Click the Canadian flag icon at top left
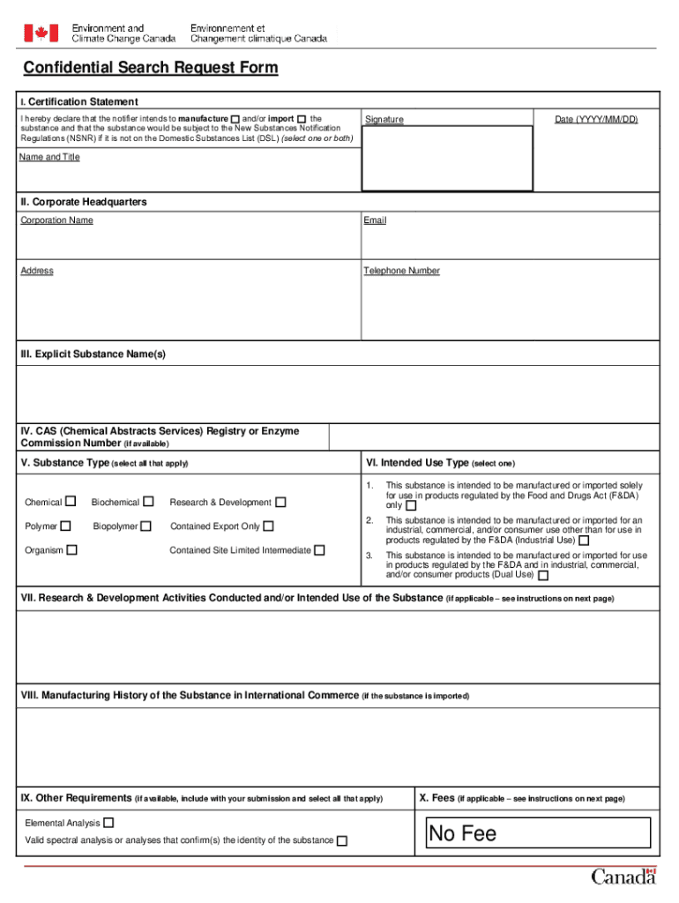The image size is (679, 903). pos(39,34)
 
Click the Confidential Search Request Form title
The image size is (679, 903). pos(150,68)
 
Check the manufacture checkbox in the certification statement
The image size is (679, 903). pos(235,119)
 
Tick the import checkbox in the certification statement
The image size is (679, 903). pos(302,119)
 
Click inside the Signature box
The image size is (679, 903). pos(447,159)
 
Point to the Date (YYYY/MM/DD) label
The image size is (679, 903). pos(596,119)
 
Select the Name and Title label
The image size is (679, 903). pos(50,157)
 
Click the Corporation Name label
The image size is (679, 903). pos(57,220)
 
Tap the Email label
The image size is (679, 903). pos(375,220)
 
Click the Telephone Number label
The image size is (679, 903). pos(401,271)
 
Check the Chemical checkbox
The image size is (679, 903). pos(71,502)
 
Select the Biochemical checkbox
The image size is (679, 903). pos(149,502)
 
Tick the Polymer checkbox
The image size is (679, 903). pos(64,526)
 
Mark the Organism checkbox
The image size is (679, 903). pos(72,550)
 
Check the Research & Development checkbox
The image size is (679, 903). pos(280,503)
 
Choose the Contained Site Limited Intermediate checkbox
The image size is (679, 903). pos(320,550)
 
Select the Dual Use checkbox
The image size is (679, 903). pos(543,575)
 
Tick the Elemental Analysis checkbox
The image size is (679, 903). pos(108,823)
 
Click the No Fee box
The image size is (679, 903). pos(538,833)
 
